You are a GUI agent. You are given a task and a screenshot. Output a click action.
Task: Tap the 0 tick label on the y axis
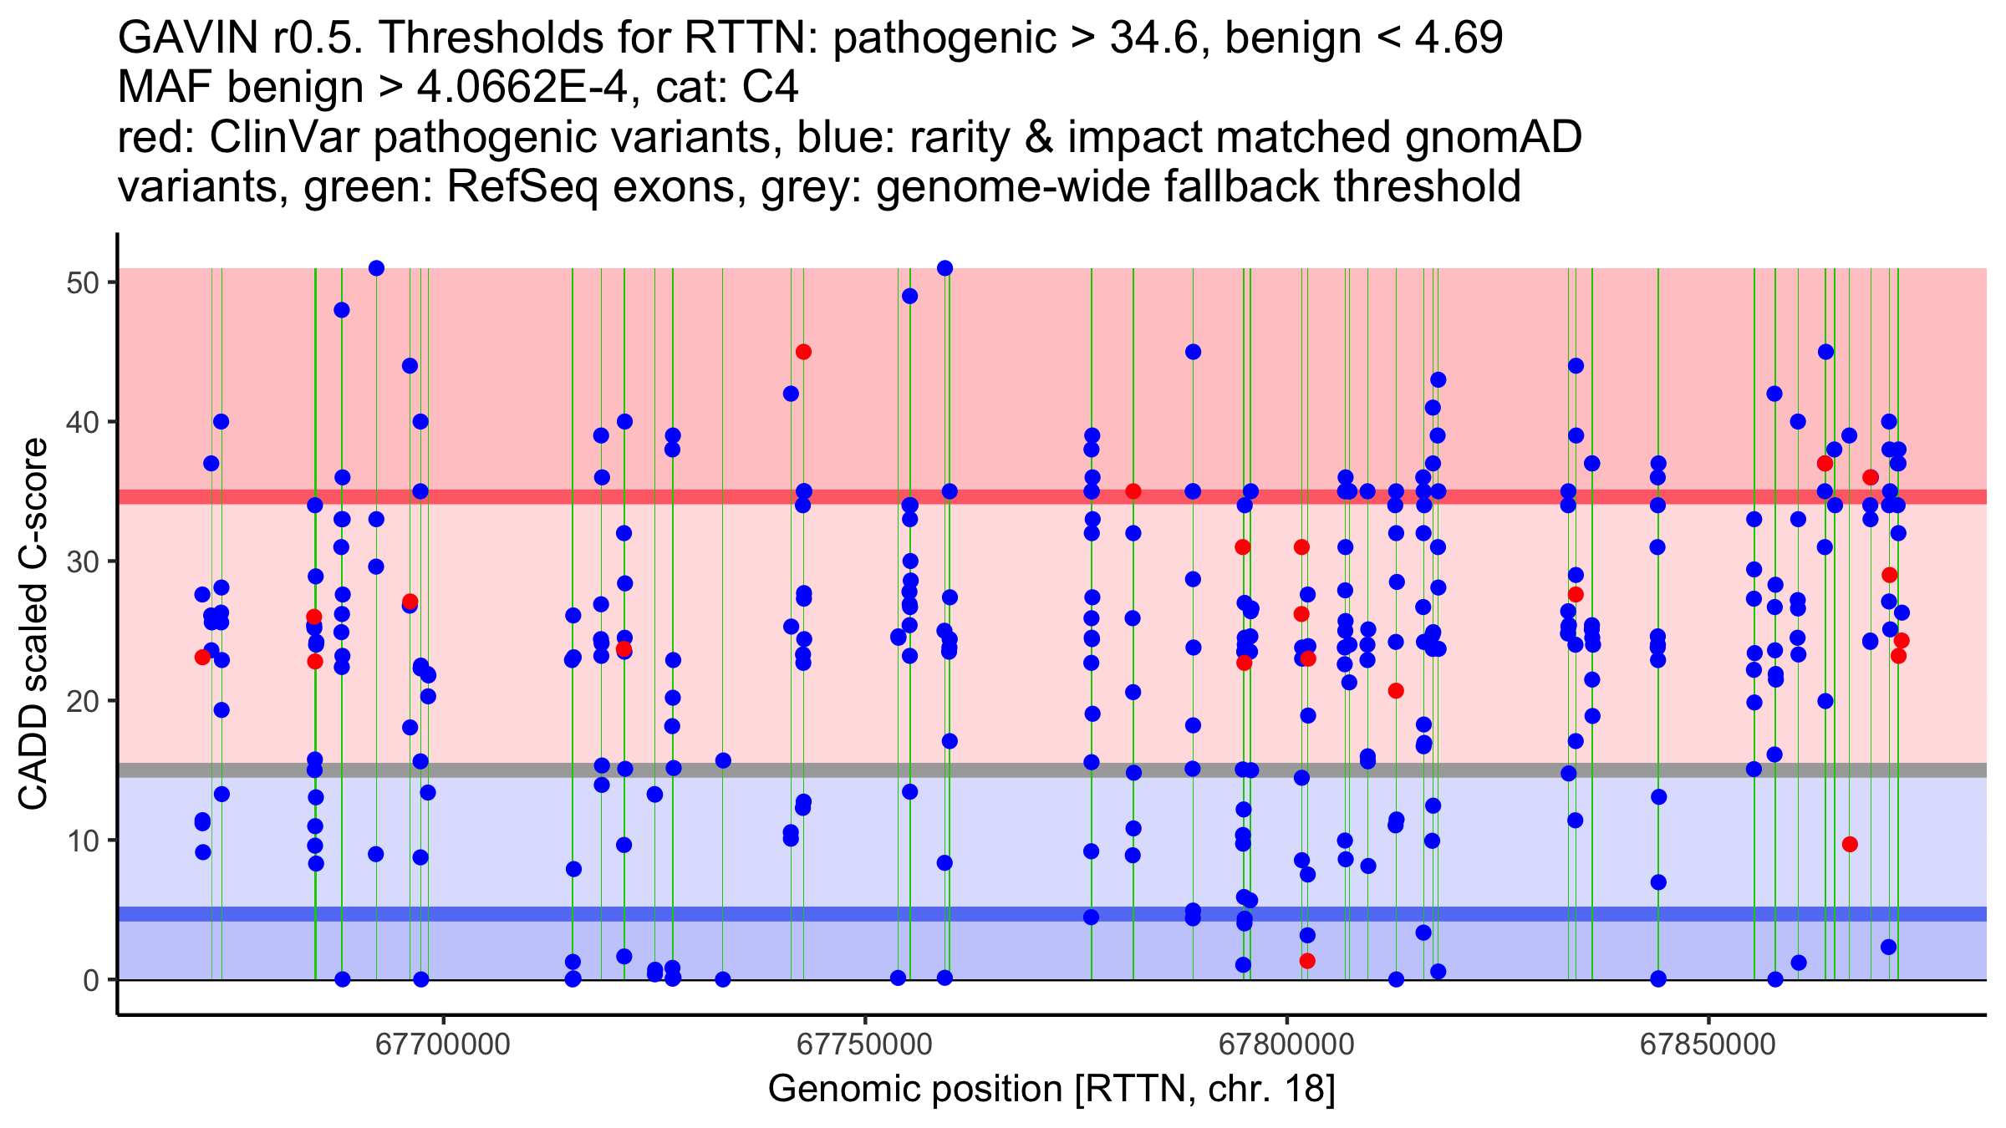(x=90, y=980)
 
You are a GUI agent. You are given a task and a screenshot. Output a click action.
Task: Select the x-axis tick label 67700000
(x=443, y=1045)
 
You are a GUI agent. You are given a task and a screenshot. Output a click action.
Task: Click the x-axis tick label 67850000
(x=1708, y=1045)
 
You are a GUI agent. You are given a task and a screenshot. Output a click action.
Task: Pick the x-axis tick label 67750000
(x=864, y=1045)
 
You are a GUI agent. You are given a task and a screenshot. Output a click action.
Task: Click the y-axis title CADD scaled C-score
(x=33, y=624)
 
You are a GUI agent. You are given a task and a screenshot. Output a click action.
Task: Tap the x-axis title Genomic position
(x=1051, y=1090)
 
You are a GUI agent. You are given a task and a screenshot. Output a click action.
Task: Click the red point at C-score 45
(x=803, y=352)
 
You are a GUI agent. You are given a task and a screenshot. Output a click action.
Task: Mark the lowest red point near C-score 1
(x=1307, y=961)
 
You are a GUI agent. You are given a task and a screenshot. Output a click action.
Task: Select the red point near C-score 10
(x=1850, y=844)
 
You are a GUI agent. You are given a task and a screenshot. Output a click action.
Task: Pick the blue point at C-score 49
(x=909, y=296)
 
